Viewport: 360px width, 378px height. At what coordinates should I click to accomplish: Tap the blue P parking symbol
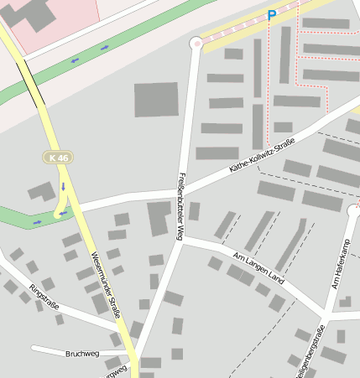pos(271,15)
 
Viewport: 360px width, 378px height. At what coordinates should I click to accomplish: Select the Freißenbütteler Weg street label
pos(180,205)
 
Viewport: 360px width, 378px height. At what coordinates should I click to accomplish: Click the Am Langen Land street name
pos(258,267)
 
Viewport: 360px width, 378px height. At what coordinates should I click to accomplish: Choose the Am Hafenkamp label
pos(342,265)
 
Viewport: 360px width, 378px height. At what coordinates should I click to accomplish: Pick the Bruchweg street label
pos(81,355)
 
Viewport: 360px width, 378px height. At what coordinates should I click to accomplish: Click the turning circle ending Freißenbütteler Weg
pos(197,43)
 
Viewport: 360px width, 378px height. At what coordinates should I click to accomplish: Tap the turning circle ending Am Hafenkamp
pos(353,211)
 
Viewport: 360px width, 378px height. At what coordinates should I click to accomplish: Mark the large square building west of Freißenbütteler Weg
pos(156,101)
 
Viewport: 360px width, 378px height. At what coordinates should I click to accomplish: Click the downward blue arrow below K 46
pos(63,187)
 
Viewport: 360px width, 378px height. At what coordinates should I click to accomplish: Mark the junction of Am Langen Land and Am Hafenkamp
pos(323,316)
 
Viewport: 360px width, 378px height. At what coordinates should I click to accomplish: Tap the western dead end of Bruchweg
pos(33,347)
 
